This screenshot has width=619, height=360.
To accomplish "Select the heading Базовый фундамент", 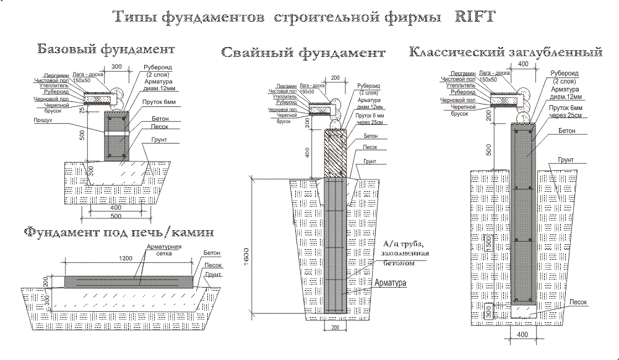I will coord(105,48).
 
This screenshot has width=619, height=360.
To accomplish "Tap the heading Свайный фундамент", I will coord(303,53).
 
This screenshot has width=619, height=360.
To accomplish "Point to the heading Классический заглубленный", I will coord(506,51).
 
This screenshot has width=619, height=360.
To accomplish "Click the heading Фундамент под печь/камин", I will coord(119,233).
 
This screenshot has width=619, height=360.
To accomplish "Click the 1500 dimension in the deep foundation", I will coord(489,243).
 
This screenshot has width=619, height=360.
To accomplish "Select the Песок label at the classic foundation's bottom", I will coord(578,301).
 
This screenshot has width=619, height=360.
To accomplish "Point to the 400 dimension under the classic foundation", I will coord(522,335).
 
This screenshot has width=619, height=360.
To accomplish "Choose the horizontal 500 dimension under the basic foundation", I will coord(115,217).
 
